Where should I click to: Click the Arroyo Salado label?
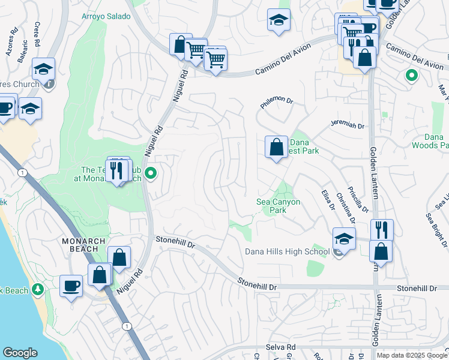click(106, 16)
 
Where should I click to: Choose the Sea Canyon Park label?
click(278, 206)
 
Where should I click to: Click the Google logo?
click(20, 353)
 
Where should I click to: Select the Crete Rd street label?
click(36, 35)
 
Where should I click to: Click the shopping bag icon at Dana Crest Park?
click(276, 146)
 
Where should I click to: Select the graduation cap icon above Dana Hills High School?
click(344, 238)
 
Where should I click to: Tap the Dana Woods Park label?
click(430, 141)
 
